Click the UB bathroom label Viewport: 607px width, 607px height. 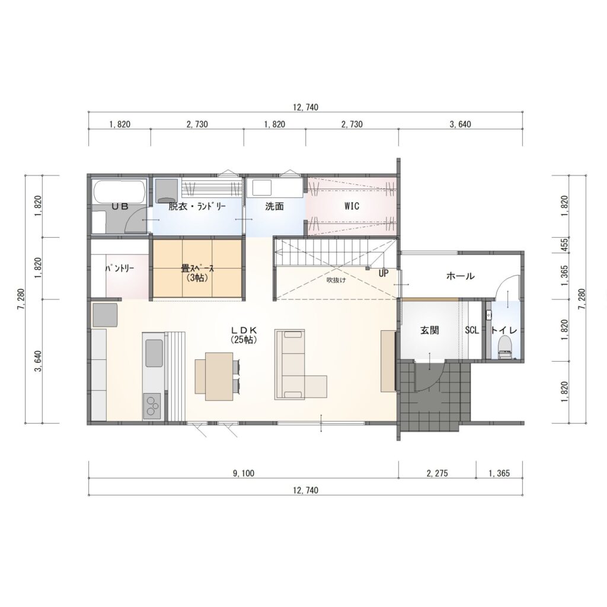[120, 207]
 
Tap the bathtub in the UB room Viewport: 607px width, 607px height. [119, 191]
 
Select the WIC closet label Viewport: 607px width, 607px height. [352, 206]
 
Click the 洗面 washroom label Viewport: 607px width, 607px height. [274, 206]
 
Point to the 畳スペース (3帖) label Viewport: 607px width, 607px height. [197, 273]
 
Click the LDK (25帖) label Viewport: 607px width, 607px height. [244, 335]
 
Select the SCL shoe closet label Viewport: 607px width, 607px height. [471, 330]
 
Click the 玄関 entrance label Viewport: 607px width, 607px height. [429, 330]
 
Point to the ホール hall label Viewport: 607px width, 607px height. [460, 276]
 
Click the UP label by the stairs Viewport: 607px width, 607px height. [384, 273]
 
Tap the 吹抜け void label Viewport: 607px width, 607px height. [336, 280]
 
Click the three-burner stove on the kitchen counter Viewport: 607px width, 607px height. [153, 405]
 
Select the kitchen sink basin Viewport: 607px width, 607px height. [154, 353]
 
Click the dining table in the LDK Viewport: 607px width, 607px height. [219, 376]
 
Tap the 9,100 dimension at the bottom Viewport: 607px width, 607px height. [244, 473]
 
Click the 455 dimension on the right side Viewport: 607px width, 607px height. [564, 245]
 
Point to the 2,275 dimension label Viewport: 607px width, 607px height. [437, 473]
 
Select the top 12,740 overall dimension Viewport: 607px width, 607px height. [305, 107]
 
